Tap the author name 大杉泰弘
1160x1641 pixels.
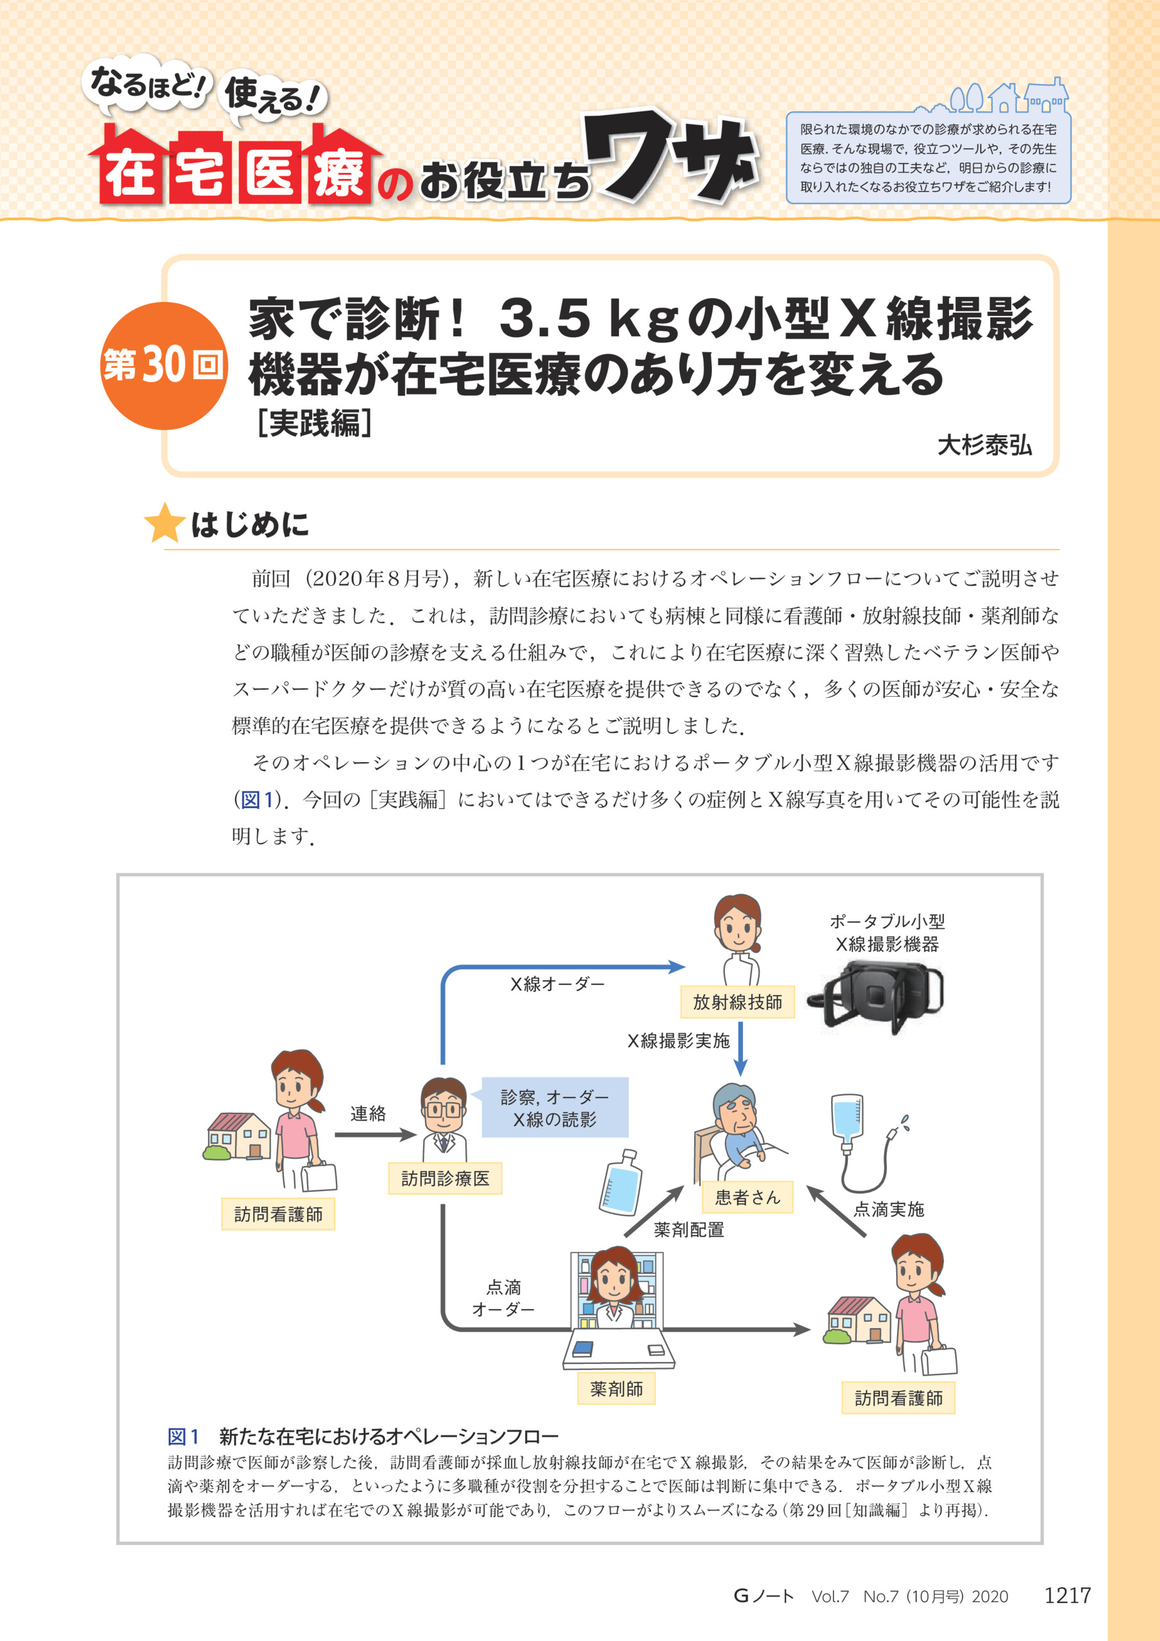[984, 445]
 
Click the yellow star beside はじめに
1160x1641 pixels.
[165, 523]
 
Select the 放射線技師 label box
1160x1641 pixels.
[738, 1002]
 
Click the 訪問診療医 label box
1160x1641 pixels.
[445, 1179]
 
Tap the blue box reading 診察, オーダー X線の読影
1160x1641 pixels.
[554, 1107]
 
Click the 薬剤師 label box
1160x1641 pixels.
[616, 1388]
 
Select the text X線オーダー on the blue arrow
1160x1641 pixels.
[558, 984]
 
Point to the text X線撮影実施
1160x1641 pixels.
[678, 1040]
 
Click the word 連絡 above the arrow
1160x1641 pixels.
[368, 1113]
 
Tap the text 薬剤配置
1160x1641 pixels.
[689, 1229]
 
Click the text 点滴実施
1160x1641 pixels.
[888, 1210]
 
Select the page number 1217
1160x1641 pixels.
[1067, 1595]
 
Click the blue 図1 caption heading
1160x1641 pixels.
[183, 1437]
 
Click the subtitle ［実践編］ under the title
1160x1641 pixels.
[315, 423]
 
